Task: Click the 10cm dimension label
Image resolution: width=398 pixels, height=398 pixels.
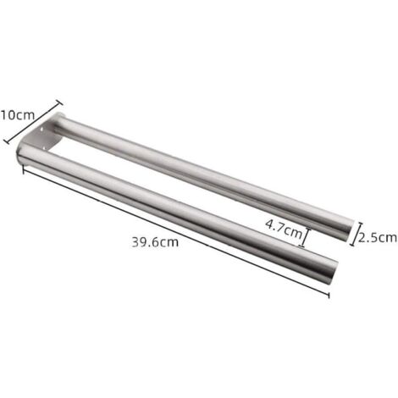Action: click(18, 115)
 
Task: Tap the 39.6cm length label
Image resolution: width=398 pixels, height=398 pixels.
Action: click(155, 242)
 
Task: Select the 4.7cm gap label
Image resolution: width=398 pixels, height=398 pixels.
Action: click(284, 228)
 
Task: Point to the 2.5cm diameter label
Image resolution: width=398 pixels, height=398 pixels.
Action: click(378, 238)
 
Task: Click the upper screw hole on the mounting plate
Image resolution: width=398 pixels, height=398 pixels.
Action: click(43, 130)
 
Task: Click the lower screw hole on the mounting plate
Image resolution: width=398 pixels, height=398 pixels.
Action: click(45, 146)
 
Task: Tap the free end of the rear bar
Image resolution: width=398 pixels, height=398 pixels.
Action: click(349, 230)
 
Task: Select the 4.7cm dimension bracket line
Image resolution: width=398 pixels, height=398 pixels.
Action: click(305, 237)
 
